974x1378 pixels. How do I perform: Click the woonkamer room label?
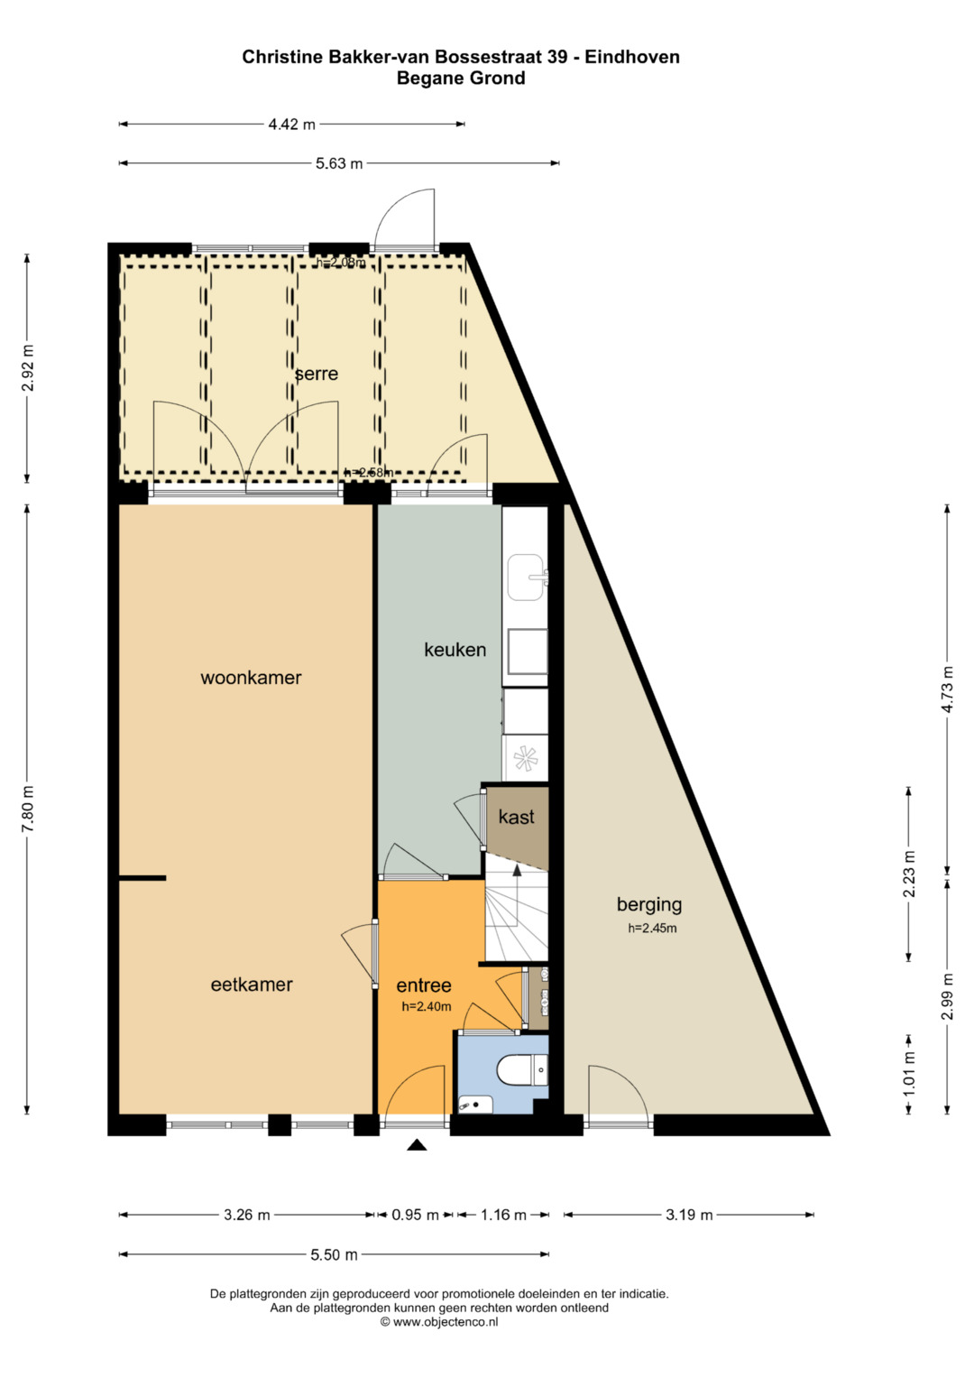[x=251, y=678]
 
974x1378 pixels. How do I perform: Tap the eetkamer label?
[x=252, y=985]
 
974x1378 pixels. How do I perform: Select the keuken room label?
[x=455, y=650]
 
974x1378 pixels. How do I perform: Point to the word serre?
[x=317, y=374]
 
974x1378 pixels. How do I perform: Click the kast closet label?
[x=517, y=817]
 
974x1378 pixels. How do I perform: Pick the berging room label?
[x=649, y=905]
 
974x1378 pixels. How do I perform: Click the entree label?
[x=424, y=985]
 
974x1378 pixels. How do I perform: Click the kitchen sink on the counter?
[x=527, y=577]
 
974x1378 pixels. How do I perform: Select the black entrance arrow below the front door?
[x=418, y=1144]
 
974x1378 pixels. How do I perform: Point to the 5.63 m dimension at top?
[x=339, y=163]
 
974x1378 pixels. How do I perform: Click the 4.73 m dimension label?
[x=948, y=689]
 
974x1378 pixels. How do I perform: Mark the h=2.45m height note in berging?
[x=652, y=929]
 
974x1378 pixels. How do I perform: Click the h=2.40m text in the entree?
[x=427, y=1007]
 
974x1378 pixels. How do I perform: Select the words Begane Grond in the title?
[x=461, y=79]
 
